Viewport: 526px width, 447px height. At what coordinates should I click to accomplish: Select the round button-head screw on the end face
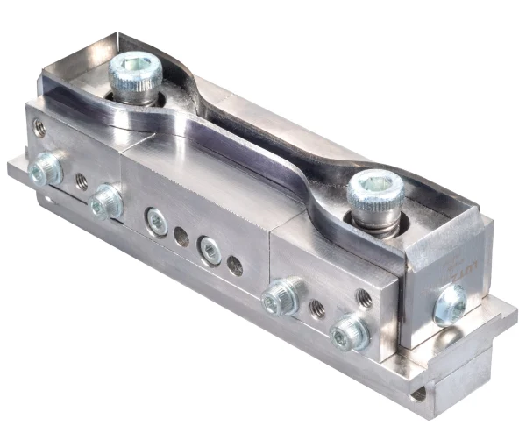pyautogui.click(x=451, y=305)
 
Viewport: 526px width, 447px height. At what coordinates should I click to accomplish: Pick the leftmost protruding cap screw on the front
pyautogui.click(x=46, y=168)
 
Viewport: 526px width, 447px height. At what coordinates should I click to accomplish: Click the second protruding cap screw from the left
pyautogui.click(x=106, y=202)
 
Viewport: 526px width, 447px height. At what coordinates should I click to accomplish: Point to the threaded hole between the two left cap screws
pyautogui.click(x=81, y=181)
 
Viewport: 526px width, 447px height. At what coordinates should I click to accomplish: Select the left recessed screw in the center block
pyautogui.click(x=157, y=221)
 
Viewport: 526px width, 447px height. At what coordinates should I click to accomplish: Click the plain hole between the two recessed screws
pyautogui.click(x=181, y=236)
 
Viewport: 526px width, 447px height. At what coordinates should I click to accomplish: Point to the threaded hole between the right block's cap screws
pyautogui.click(x=316, y=309)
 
